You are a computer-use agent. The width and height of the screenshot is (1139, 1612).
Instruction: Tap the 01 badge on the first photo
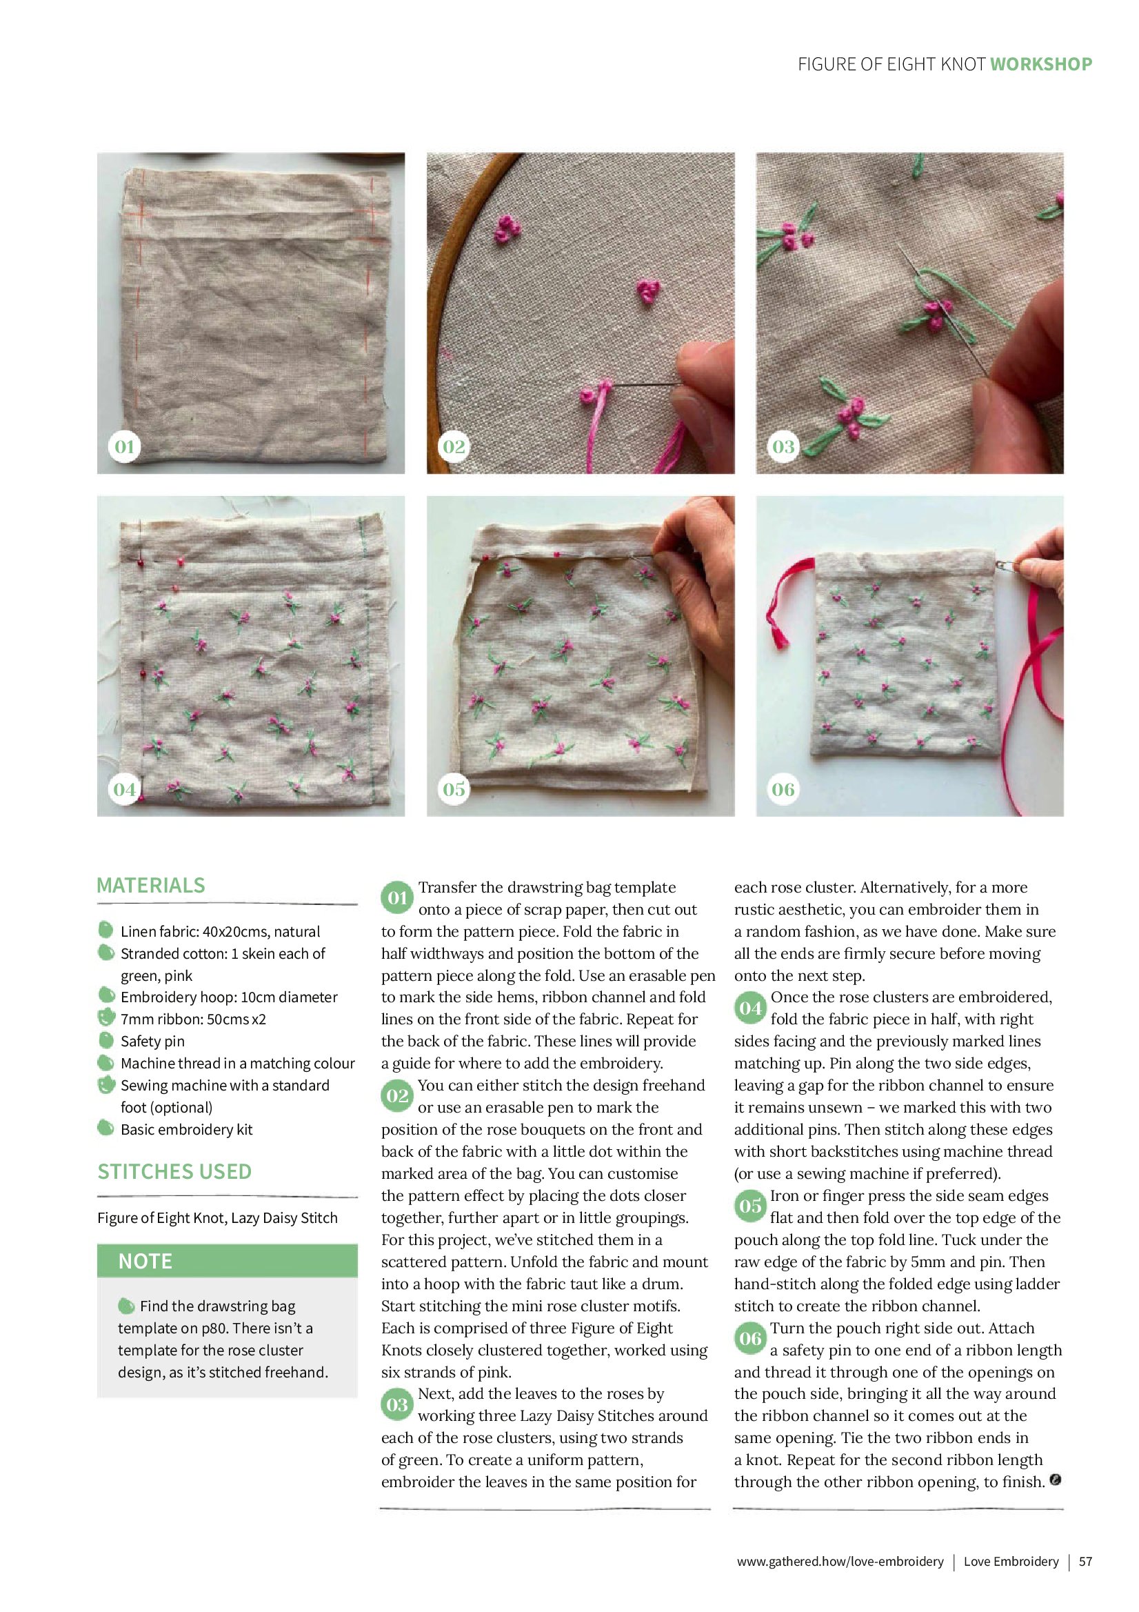(x=125, y=446)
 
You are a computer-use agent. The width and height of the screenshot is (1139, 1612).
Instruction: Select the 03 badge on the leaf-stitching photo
(x=783, y=446)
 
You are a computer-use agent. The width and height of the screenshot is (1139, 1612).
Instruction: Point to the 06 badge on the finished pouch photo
(x=783, y=789)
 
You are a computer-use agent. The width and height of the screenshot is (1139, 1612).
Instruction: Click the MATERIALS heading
(x=151, y=886)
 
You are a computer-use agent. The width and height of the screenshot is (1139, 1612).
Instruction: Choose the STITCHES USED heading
(x=174, y=1172)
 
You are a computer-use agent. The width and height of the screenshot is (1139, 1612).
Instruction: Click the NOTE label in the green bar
(x=145, y=1262)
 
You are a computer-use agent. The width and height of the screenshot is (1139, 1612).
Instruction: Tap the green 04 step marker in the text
(x=750, y=1009)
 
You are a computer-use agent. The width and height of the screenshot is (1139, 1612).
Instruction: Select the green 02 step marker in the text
(x=397, y=1097)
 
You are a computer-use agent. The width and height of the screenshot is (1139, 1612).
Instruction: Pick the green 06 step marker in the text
(x=750, y=1339)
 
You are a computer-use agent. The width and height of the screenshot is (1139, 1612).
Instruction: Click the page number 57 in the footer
(x=1086, y=1562)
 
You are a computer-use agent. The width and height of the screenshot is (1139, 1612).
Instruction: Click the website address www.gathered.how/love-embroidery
(x=840, y=1562)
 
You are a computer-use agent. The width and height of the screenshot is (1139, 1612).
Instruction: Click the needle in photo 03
(x=944, y=309)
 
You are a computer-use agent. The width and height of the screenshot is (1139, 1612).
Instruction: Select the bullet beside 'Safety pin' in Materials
(x=106, y=1040)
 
